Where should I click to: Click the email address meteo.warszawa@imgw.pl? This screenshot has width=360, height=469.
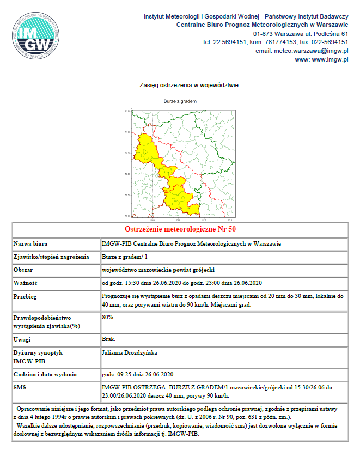click(x=302, y=51)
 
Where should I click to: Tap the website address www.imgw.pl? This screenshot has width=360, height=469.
click(x=321, y=59)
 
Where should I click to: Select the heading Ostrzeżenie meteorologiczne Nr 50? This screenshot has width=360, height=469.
click(x=180, y=228)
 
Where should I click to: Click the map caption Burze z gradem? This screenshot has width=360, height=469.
click(x=180, y=101)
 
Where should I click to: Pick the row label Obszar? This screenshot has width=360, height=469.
click(x=23, y=270)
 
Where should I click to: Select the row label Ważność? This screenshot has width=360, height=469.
click(x=26, y=283)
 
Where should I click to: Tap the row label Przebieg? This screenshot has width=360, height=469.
click(x=26, y=296)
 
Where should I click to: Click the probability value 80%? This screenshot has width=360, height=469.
click(x=108, y=317)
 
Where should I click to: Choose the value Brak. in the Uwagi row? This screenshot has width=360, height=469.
click(x=108, y=339)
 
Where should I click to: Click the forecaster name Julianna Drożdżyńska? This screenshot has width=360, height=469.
click(x=130, y=352)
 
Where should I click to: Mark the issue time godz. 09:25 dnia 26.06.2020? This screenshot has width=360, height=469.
click(x=138, y=374)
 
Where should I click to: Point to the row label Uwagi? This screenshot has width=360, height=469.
click(x=22, y=339)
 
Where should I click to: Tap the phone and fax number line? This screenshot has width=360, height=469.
click(x=276, y=42)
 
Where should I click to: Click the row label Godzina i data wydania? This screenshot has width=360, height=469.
click(x=45, y=374)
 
